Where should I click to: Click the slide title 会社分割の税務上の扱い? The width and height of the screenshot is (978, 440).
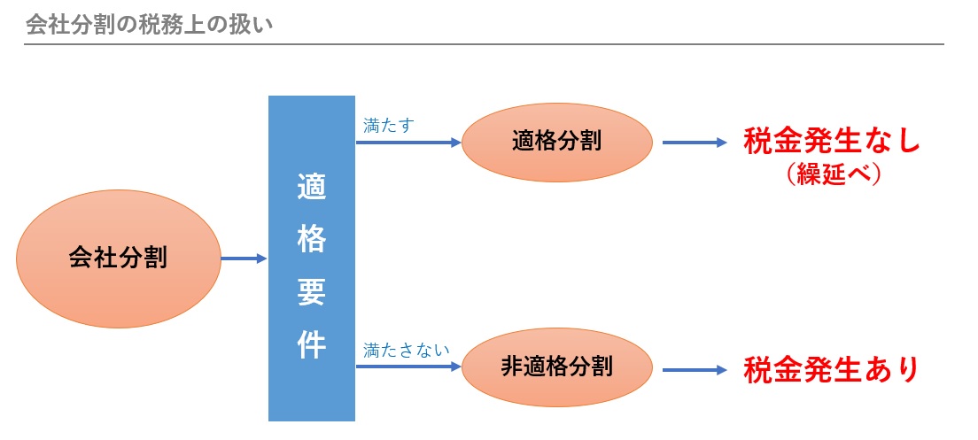148,24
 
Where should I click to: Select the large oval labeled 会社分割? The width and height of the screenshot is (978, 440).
118,259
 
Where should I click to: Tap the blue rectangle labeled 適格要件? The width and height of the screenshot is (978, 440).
312,258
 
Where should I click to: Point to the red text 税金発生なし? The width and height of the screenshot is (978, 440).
832,142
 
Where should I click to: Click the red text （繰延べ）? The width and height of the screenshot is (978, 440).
832,174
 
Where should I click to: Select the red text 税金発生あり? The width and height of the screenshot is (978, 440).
832,367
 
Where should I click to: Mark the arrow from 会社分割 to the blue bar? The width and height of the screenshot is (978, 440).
244,259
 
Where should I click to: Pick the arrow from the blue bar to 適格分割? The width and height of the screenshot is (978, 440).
408,142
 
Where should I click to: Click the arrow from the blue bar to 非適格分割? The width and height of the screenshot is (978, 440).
408,366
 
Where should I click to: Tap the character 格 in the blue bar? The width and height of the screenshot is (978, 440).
312,239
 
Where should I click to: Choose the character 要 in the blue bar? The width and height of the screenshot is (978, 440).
312,291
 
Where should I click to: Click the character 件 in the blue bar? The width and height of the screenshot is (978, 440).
312,344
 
